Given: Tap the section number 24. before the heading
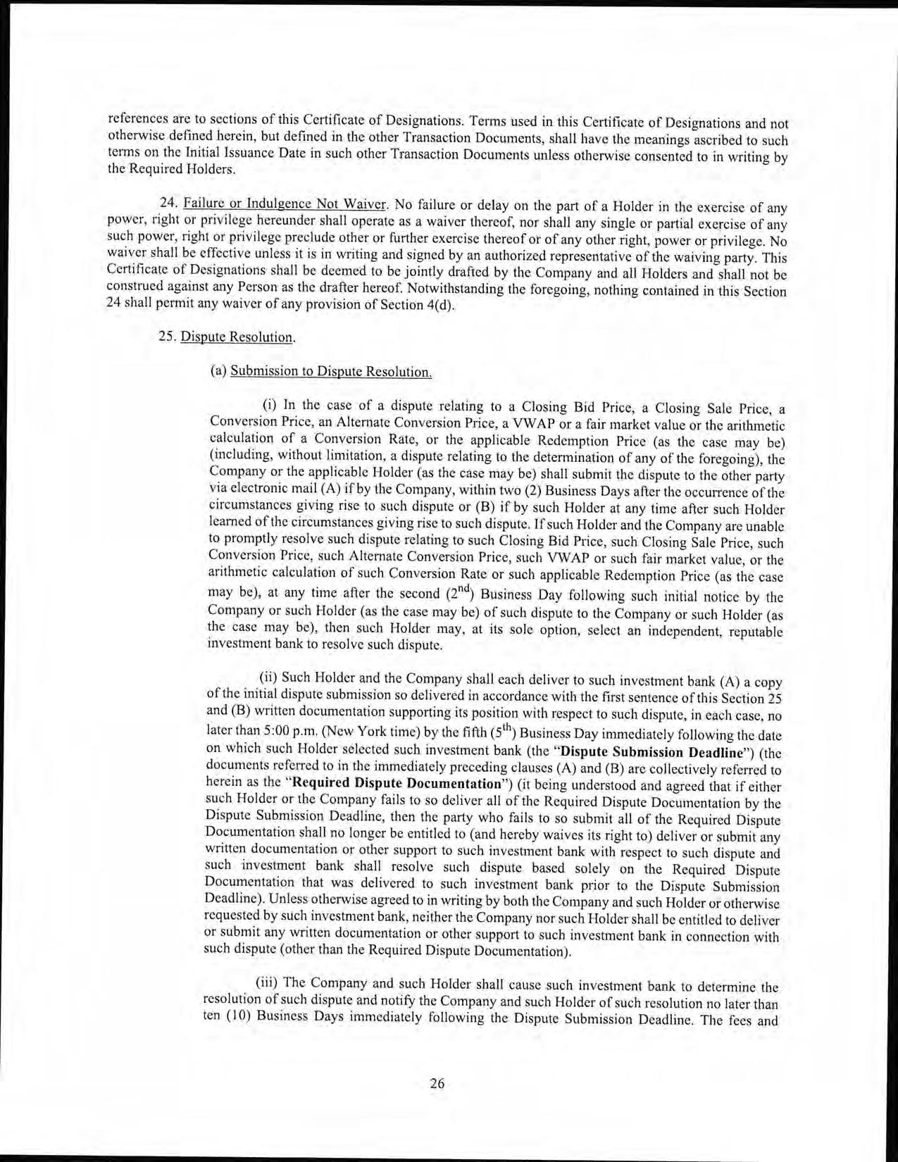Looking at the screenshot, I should point(170,205).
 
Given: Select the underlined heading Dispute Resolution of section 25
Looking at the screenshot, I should point(237,337).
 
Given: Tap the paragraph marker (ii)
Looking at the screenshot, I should point(269,678).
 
